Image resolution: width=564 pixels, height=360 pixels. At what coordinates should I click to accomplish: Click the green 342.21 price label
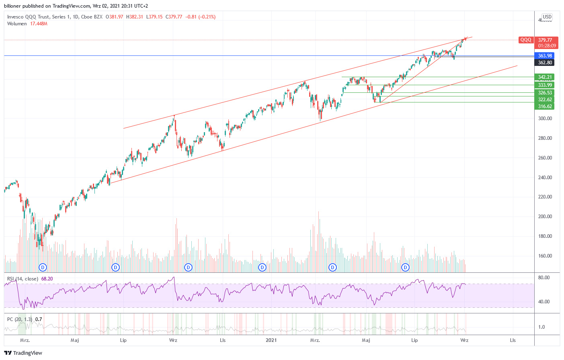(x=545, y=77)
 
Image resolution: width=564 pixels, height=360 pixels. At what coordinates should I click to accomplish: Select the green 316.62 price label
(x=545, y=106)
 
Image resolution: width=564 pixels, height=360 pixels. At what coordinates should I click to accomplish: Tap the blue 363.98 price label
(x=545, y=56)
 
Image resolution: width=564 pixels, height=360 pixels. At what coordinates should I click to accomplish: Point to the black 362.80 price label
(x=545, y=63)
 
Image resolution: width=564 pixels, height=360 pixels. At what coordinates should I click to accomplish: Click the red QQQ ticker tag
(x=525, y=40)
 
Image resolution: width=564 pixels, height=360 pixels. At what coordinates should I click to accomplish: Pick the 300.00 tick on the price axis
(x=545, y=119)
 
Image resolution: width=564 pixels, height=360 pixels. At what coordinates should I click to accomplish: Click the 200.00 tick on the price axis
(x=545, y=217)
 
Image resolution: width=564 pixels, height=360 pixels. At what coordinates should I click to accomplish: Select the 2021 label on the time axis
(x=271, y=340)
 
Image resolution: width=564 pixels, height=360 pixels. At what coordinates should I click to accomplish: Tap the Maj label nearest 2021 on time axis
(x=366, y=340)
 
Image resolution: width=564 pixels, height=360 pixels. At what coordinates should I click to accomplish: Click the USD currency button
(x=547, y=17)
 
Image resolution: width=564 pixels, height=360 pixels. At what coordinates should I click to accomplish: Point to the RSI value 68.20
(x=47, y=279)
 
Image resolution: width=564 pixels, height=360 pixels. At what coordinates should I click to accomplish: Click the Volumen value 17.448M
(x=39, y=24)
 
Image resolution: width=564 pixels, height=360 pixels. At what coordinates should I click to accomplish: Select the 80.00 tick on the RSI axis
(x=544, y=278)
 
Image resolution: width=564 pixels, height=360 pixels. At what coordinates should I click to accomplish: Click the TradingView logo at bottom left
(x=23, y=353)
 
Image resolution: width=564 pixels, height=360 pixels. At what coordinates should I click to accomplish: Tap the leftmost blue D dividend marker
(x=43, y=267)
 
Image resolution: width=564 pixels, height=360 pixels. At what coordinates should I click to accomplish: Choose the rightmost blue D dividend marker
(x=406, y=267)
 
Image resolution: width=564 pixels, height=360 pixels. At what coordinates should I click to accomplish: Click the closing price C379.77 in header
(x=174, y=17)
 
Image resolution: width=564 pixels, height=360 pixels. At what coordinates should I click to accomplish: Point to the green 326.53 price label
(x=545, y=93)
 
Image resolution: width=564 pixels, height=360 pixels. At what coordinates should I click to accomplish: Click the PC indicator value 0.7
(x=39, y=319)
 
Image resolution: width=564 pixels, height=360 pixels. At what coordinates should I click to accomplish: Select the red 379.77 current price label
(x=545, y=40)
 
